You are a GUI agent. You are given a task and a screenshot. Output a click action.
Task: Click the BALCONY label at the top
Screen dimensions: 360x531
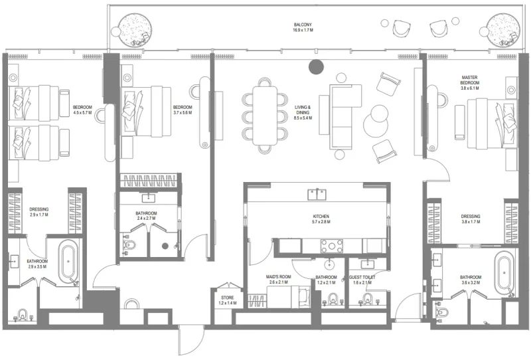click(303, 25)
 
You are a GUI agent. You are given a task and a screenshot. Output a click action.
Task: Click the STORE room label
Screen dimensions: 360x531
click(227, 299)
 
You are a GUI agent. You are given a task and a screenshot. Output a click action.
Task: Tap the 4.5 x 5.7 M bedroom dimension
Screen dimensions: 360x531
click(82, 112)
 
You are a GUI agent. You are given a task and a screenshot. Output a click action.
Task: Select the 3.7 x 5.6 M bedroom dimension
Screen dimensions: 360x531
click(183, 112)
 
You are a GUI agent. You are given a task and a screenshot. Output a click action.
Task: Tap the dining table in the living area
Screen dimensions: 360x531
click(265, 114)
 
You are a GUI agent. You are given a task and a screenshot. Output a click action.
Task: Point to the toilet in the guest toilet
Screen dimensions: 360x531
click(364, 300)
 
